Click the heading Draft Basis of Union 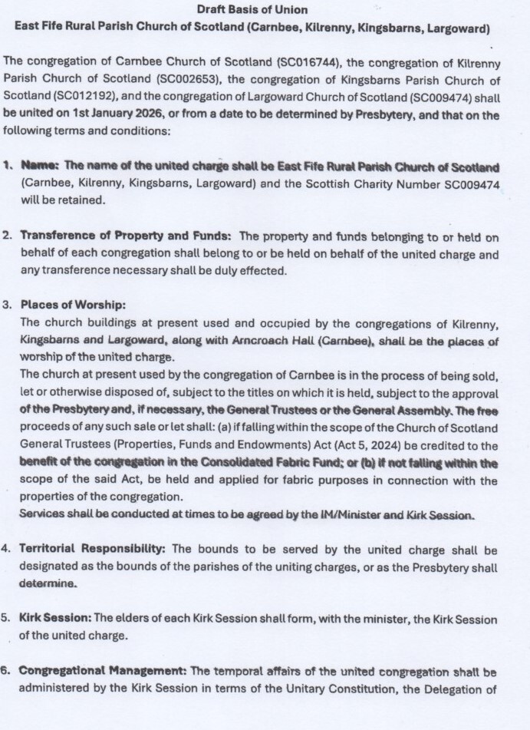pyautogui.click(x=252, y=10)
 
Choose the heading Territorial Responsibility pyautogui.click(x=94, y=550)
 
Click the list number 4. pyautogui.click(x=6, y=550)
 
